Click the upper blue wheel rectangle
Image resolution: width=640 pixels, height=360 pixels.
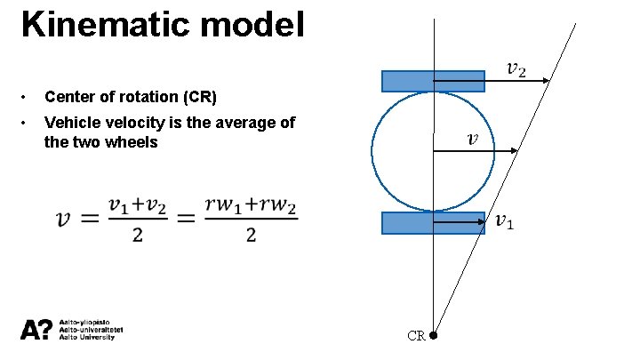coord(433,81)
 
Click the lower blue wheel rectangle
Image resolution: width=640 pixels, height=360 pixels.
coord(433,223)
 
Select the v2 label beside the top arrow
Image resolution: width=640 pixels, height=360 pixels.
coord(516,68)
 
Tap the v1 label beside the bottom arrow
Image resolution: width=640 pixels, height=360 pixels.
coord(504,220)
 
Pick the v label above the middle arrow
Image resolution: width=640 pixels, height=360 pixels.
coord(472,138)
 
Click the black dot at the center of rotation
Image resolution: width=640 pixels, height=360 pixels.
coord(433,336)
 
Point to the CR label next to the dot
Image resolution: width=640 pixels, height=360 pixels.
coord(416,336)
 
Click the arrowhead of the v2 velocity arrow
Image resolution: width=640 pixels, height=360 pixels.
coord(547,81)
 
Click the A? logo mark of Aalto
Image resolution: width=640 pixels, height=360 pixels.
coord(36,330)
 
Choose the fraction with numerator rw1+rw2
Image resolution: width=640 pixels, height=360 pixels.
coord(251,220)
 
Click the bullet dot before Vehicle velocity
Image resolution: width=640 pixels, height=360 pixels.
coord(28,123)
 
